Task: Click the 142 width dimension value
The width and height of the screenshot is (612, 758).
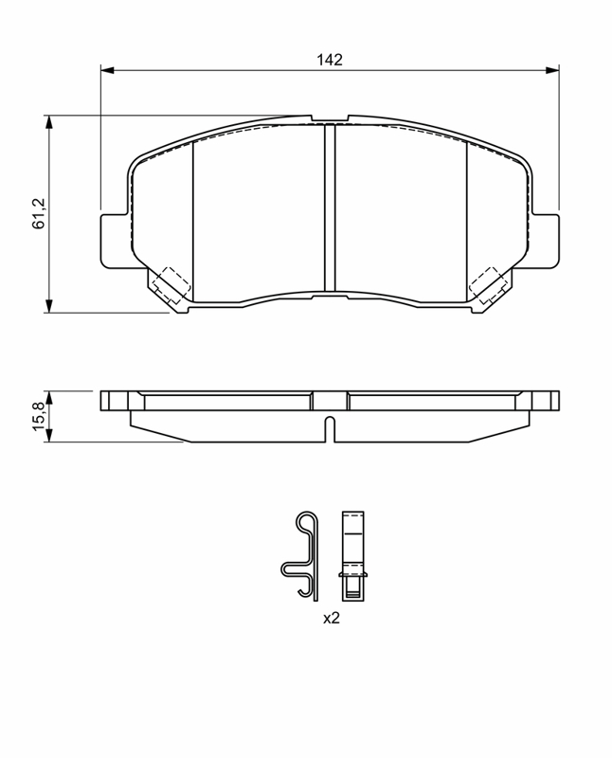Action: (329, 60)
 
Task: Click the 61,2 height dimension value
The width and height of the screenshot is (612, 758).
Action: (38, 213)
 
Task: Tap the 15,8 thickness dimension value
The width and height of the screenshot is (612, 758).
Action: (38, 416)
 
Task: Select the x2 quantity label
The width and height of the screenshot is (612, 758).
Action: (332, 618)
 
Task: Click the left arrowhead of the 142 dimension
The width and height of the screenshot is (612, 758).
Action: (107, 70)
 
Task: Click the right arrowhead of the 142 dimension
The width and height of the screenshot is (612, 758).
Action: (552, 70)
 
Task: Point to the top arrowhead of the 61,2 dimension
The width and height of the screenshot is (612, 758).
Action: (48, 122)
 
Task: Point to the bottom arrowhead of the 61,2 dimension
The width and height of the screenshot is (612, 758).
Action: (48, 306)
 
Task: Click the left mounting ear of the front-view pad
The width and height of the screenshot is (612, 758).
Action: (115, 241)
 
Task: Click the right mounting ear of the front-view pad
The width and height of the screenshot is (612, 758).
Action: (546, 241)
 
